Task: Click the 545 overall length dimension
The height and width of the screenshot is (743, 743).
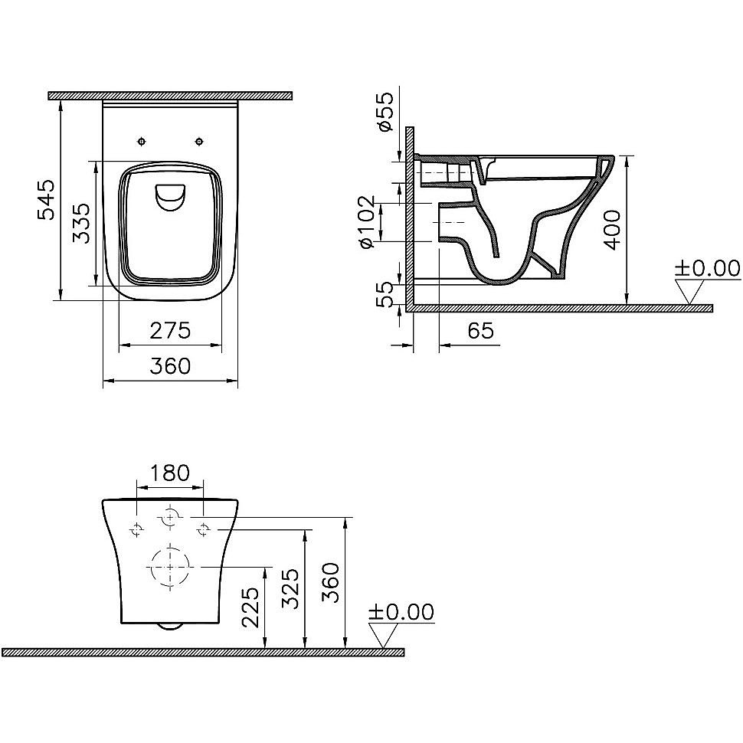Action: point(46,200)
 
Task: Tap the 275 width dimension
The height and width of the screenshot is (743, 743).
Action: point(169,331)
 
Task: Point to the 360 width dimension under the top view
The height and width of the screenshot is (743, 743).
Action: point(169,367)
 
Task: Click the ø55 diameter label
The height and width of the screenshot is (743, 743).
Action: point(386,112)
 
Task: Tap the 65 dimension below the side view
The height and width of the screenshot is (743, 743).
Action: point(480,331)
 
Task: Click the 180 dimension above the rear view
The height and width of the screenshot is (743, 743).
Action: point(169,473)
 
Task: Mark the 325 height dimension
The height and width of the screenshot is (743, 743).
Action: point(292,588)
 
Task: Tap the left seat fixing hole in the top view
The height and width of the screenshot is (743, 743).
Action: point(141,141)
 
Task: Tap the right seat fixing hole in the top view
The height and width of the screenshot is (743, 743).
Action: point(199,141)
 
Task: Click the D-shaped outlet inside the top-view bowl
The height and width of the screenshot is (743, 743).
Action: point(170,197)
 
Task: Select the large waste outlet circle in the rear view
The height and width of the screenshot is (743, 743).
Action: point(170,568)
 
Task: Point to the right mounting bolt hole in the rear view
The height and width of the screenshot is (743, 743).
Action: point(204,528)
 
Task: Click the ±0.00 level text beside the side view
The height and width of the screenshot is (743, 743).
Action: point(706,268)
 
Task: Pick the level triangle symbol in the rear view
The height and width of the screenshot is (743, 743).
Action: point(385,635)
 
